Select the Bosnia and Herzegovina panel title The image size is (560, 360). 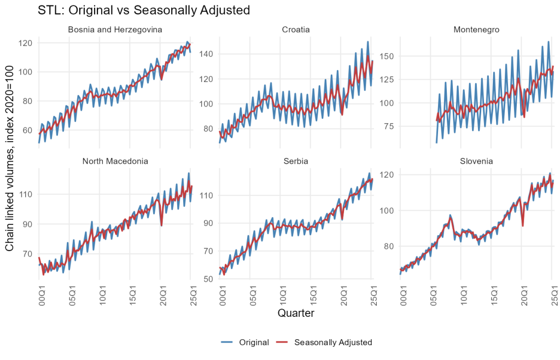(115, 29)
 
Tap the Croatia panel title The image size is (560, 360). (296, 29)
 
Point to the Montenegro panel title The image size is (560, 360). (476, 29)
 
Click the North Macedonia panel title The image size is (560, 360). (115, 161)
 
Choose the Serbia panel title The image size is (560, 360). (296, 161)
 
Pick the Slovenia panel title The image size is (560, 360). (476, 161)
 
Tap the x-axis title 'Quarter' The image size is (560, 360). (296, 313)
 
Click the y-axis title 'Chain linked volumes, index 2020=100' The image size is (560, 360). (10, 156)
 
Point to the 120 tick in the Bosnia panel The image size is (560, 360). (26, 43)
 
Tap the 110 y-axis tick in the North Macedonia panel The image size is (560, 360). (26, 194)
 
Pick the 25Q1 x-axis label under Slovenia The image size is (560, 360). (555, 293)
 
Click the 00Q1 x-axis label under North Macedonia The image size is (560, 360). (40, 293)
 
